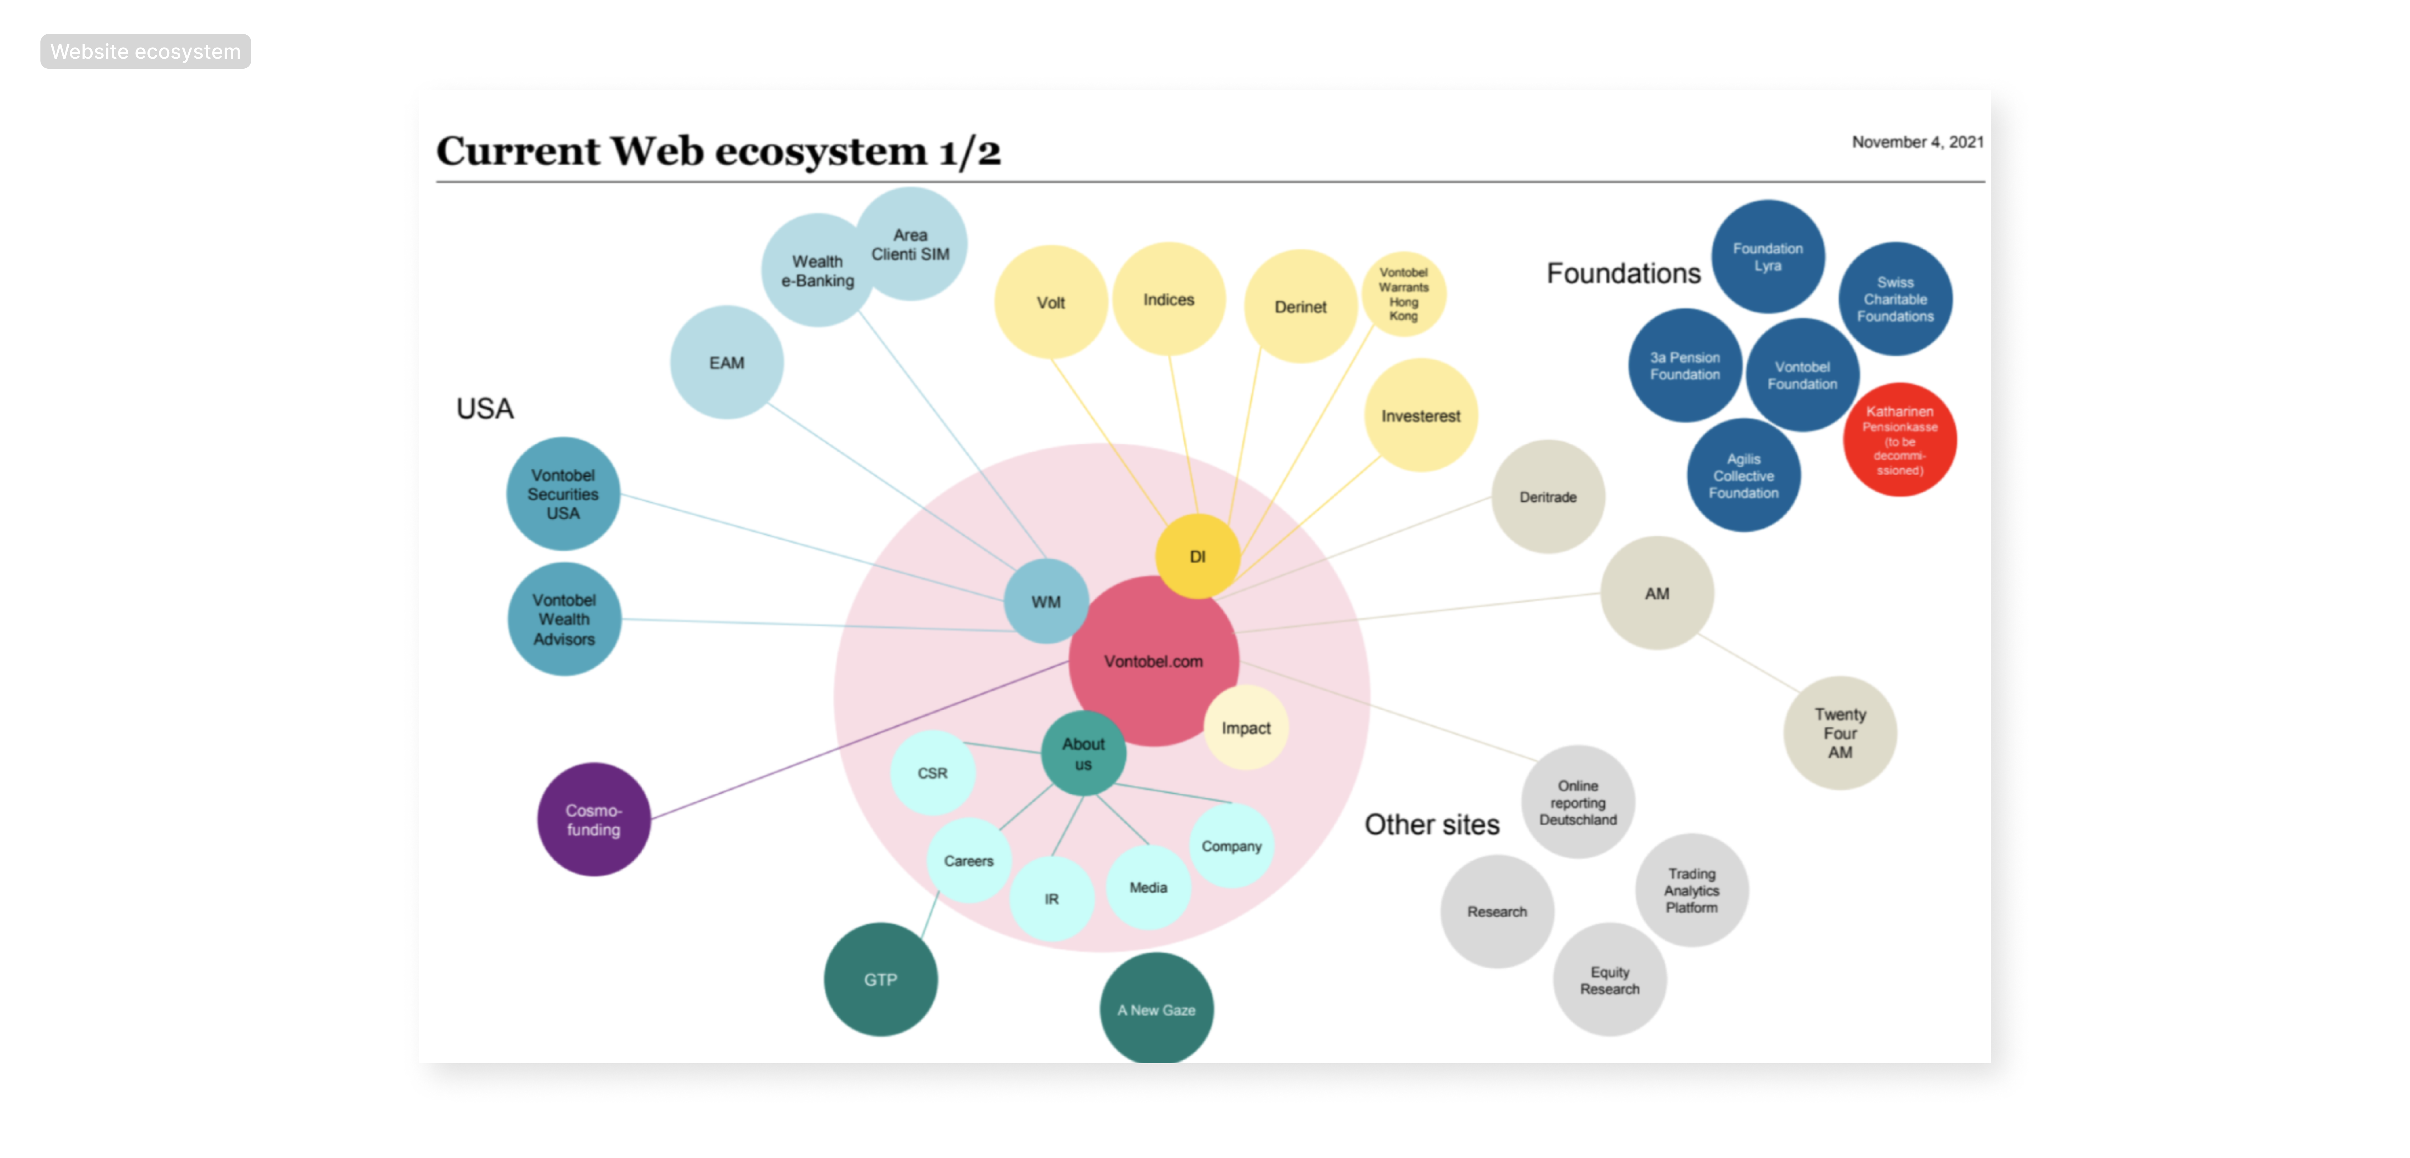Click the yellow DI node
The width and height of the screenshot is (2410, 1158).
(1197, 556)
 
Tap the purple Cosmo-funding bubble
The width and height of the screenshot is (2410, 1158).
(593, 819)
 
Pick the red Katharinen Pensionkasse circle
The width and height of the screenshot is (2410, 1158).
(1899, 440)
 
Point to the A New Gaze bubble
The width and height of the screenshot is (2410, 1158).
(1157, 1009)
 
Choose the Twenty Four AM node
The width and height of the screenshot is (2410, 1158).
(1839, 733)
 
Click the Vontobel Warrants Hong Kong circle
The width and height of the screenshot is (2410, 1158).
(1403, 294)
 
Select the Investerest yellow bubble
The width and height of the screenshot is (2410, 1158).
(1420, 415)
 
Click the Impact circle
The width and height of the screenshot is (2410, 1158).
(1245, 728)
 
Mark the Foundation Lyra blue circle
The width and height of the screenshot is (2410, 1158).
(1767, 256)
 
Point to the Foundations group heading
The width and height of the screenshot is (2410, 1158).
(1623, 273)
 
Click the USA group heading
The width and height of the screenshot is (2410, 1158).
(485, 409)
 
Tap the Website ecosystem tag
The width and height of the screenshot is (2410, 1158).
(145, 52)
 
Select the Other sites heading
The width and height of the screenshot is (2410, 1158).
(1431, 824)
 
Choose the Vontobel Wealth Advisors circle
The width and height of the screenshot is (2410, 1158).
(564, 619)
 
